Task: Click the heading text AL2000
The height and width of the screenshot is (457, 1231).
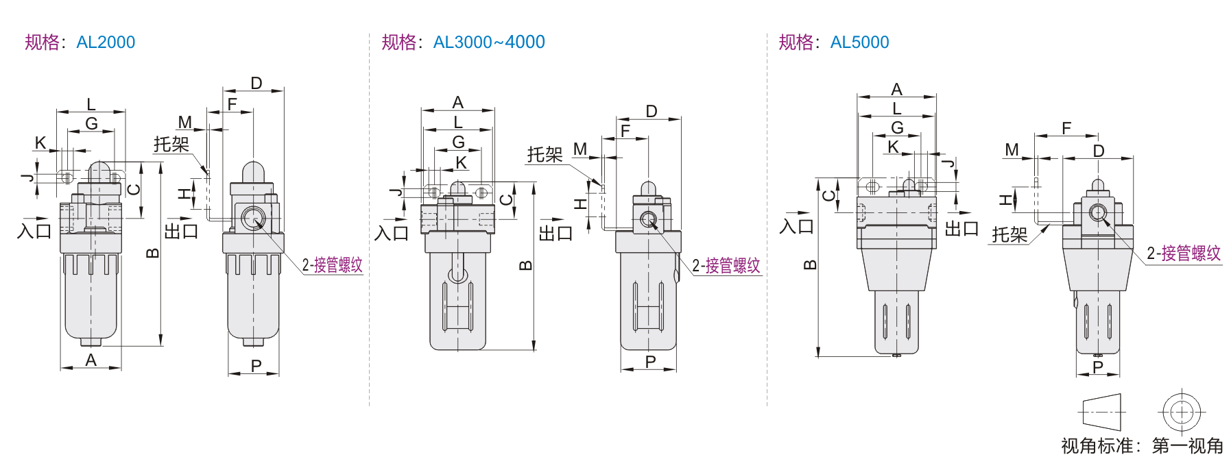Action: coord(106,42)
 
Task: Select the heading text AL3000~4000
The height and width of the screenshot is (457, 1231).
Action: coord(489,42)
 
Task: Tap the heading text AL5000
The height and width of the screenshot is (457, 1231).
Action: coord(859,42)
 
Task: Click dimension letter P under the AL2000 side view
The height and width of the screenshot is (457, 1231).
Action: coord(256,366)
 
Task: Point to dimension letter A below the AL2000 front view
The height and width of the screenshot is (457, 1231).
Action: coord(91,360)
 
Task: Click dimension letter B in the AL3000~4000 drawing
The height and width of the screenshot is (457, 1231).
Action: coord(525,266)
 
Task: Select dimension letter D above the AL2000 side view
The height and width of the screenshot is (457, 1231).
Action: coord(256,84)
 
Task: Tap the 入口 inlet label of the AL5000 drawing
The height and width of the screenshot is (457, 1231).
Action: coord(797,226)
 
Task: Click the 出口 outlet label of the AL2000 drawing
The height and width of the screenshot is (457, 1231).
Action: coord(181,232)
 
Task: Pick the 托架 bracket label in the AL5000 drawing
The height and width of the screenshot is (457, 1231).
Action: coord(1009,235)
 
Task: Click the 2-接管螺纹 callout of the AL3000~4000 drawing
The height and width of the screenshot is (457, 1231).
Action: coord(726,266)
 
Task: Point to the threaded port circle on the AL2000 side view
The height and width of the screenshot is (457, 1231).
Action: coord(253,219)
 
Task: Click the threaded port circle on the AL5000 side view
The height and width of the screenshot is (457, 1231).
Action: coord(1097,212)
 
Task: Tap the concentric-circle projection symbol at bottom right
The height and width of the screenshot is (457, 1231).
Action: coord(1182,412)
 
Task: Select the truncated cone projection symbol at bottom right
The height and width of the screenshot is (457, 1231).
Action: coord(1101,412)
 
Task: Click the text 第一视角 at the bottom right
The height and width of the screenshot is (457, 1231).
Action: coord(1188,446)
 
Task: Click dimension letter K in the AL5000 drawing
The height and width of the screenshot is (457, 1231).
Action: coord(893,147)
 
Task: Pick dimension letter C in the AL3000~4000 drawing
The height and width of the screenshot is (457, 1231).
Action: coord(506,199)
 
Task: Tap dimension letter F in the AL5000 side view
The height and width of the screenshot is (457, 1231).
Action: coord(1066,128)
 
